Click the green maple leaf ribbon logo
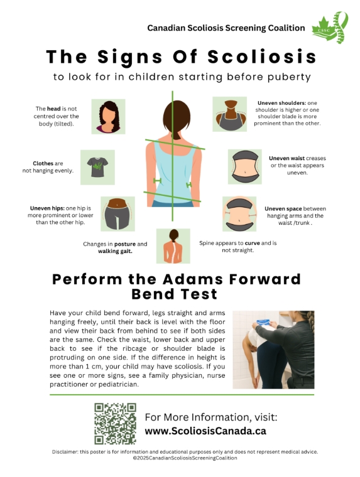[330, 28]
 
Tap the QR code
[115, 424]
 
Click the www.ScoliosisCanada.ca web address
[205, 431]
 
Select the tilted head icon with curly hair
[108, 117]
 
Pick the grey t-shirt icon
[97, 167]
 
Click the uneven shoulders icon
[230, 114]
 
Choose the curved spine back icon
[173, 246]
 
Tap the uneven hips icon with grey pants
[118, 214]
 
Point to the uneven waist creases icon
[245, 167]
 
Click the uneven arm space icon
[239, 214]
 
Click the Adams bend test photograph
[273, 350]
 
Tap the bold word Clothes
[43, 163]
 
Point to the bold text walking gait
[115, 251]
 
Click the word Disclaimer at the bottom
[65, 452]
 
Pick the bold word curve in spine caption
[252, 243]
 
